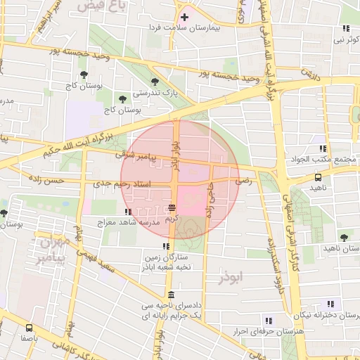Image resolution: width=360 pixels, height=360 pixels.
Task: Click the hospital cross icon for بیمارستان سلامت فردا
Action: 184,17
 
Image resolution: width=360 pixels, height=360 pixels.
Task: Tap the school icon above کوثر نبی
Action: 345,29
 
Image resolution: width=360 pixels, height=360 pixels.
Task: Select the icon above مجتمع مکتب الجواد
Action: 323,148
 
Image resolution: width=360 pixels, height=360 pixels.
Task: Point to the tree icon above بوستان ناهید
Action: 344,238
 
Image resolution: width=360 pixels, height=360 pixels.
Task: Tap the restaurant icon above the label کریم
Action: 172,207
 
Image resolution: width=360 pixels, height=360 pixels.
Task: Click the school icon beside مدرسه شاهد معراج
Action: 127,211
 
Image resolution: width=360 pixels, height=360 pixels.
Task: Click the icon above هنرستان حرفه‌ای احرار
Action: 268,321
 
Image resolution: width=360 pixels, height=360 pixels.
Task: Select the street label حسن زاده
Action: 46,181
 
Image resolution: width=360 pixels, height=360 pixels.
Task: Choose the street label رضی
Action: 243,181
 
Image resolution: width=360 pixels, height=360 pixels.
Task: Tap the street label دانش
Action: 311,73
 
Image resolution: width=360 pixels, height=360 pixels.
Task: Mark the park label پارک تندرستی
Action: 154,92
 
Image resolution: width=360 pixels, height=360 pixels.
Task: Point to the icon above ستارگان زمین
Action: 166,246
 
